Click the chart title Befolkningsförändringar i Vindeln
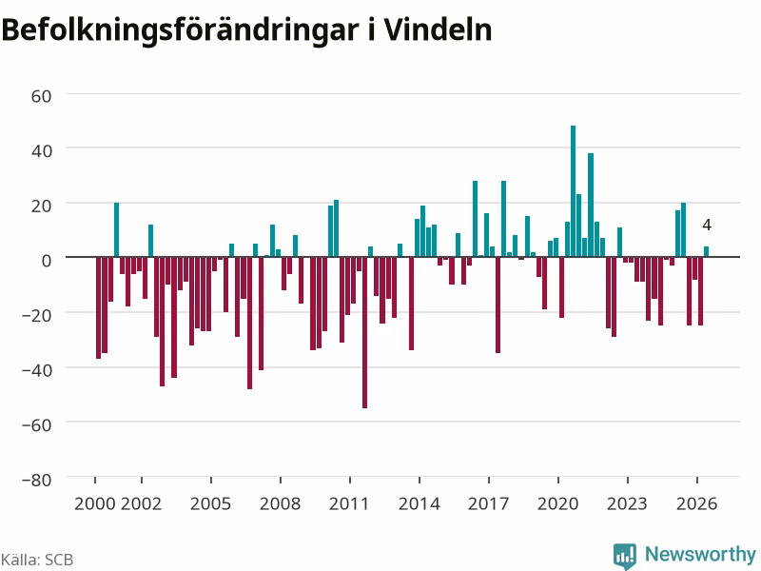click(246, 30)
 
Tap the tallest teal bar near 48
click(574, 191)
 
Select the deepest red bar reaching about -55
click(365, 332)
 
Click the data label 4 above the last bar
click(707, 225)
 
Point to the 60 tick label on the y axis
click(41, 96)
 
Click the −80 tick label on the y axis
click(37, 480)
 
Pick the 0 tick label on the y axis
click(46, 261)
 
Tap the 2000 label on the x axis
click(94, 504)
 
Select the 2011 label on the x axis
click(349, 504)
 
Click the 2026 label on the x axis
click(696, 504)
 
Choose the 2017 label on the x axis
click(488, 504)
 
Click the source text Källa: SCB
click(37, 560)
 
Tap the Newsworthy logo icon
click(625, 556)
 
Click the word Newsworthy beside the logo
click(700, 554)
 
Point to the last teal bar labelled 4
click(706, 251)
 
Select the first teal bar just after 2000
click(116, 229)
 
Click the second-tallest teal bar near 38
click(591, 205)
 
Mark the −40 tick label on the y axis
click(37, 370)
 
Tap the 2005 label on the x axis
click(210, 504)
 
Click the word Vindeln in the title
click(439, 30)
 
